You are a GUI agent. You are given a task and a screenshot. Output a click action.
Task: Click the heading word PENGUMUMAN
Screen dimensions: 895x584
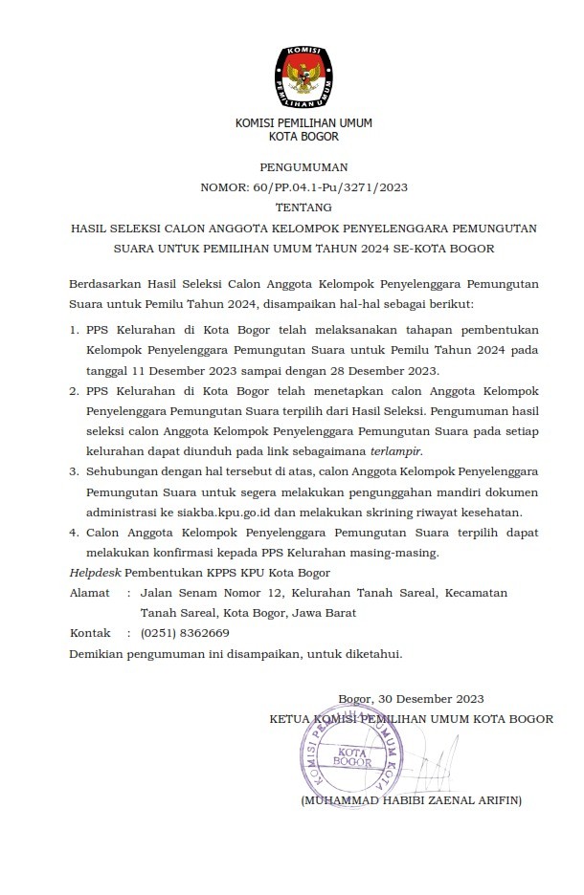point(303,166)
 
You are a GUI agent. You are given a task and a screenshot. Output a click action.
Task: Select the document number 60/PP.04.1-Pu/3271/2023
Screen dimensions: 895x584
point(338,187)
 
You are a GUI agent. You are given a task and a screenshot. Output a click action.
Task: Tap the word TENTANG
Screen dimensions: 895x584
point(303,207)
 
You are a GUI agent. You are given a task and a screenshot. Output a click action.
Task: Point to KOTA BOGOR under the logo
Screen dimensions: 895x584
point(303,137)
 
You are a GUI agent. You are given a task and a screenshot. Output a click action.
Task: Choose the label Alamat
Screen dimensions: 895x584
point(90,593)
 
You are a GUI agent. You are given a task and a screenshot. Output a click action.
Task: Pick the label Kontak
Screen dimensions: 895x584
point(90,633)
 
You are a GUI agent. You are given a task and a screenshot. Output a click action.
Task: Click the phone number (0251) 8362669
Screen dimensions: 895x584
point(185,633)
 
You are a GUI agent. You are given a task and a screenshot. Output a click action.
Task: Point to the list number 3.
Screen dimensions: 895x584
point(75,472)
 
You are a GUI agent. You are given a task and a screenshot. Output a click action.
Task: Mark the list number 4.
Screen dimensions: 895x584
point(75,533)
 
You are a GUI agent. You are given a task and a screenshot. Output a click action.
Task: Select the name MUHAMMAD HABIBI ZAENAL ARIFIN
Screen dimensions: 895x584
point(412,799)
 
